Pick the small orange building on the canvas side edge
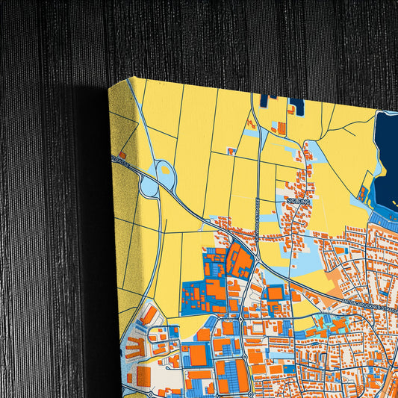[x=122, y=155]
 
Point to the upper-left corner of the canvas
[x=111, y=87]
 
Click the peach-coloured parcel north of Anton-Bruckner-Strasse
[x=333, y=276]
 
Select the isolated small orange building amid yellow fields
[x=232, y=152]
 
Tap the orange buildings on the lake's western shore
[x=364, y=196]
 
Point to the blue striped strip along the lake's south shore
[x=384, y=221]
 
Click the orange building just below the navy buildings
[x=282, y=129]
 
